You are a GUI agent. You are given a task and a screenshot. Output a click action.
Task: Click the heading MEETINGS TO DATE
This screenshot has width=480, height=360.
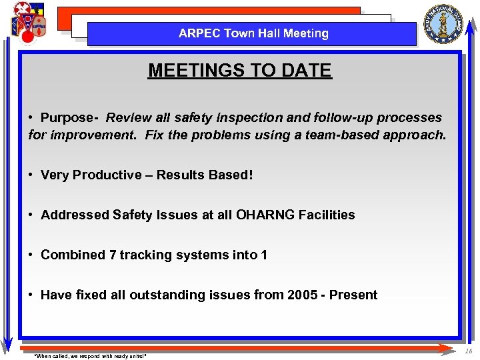click(x=239, y=70)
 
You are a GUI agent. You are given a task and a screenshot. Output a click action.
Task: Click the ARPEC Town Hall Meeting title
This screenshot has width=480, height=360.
click(x=253, y=33)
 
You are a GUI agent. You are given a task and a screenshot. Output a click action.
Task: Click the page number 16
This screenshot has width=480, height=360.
click(x=469, y=351)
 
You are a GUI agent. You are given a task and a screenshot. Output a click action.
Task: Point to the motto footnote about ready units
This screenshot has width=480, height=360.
click(x=89, y=356)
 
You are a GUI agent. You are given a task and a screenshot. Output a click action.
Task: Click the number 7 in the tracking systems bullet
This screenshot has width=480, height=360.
click(x=112, y=255)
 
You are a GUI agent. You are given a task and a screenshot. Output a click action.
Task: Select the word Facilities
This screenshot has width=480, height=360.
click(x=327, y=215)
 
